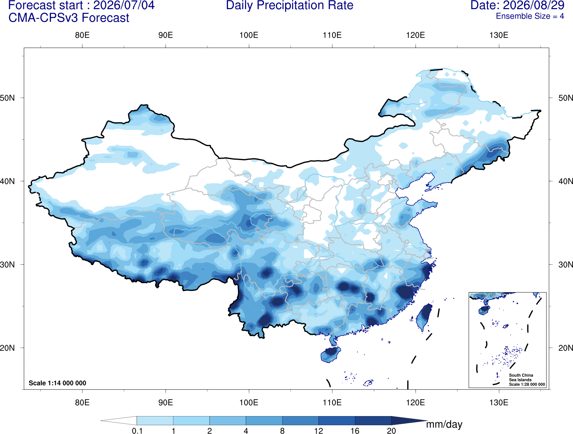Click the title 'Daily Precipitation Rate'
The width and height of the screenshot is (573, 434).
(290, 5)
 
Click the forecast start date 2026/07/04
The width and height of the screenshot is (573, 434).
(124, 5)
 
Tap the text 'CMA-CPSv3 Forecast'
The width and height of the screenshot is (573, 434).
(69, 18)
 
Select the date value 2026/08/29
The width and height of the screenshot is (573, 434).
(534, 5)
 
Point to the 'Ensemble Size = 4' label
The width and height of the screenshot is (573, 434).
(530, 16)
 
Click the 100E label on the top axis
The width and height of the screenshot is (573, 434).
(249, 35)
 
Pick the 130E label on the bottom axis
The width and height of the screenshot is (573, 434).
(499, 402)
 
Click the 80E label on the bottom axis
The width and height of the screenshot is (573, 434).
(82, 402)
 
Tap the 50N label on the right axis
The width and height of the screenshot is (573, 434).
(565, 98)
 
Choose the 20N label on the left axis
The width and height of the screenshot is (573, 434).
(7, 348)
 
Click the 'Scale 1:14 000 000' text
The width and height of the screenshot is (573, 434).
(57, 383)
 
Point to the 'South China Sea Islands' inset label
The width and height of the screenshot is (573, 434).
(521, 377)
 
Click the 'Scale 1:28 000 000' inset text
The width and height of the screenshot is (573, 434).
(527, 384)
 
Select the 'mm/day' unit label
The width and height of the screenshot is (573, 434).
(444, 425)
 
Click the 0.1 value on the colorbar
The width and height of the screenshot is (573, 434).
(137, 430)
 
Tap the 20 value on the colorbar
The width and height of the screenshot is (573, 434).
(391, 430)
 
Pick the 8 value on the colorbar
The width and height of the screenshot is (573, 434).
(282, 430)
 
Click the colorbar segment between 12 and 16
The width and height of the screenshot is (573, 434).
(337, 420)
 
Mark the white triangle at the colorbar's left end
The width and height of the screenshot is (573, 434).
(119, 420)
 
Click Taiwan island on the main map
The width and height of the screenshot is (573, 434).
(423, 317)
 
